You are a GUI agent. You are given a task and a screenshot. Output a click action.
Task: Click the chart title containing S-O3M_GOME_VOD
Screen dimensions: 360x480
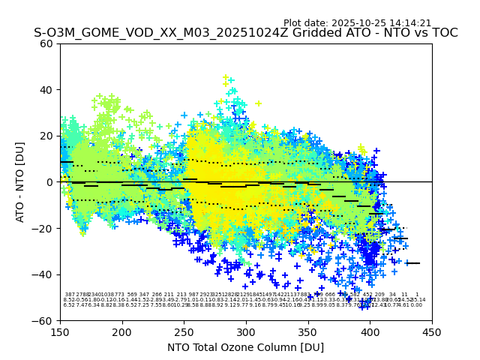coord(245,33)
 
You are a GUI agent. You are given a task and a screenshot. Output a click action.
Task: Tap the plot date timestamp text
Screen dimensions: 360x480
coord(357,23)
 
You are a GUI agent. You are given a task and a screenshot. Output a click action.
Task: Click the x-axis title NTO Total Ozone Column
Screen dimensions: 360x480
coord(245,347)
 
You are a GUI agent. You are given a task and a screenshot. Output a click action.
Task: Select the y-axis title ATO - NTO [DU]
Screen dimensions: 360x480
coord(21,181)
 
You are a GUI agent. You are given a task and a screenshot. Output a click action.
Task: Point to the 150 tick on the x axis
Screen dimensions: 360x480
coord(61,331)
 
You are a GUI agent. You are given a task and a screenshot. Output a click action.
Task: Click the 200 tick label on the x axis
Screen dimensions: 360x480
coord(122,331)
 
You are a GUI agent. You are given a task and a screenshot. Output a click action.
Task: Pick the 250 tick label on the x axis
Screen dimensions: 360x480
coord(184,331)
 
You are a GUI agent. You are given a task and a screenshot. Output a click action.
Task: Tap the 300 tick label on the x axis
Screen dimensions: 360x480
coord(246,331)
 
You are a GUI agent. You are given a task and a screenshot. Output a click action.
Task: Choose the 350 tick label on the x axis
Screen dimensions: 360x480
coord(308,331)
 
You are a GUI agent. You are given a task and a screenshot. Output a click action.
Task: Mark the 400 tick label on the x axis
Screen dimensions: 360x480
coord(370,331)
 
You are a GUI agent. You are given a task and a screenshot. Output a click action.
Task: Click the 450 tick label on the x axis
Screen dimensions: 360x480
coord(432,331)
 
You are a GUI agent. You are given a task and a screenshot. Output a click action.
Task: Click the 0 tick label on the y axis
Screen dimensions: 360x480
coord(51,182)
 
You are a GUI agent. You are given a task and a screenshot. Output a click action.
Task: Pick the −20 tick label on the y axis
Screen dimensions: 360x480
coord(44,228)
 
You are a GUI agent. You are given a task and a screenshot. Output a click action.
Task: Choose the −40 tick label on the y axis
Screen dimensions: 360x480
coord(44,274)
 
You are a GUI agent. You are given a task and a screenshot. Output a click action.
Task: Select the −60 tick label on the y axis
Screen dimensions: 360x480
coord(44,320)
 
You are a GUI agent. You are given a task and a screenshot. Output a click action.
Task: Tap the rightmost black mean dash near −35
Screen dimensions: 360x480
coord(413,263)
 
